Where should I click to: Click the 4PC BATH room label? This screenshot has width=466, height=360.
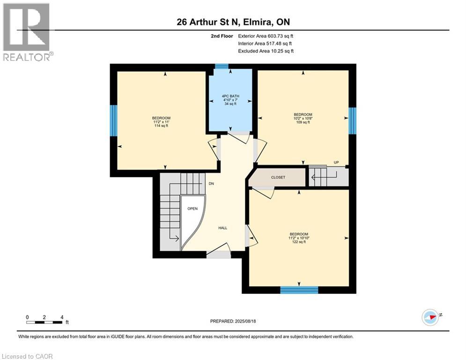pos(230,100)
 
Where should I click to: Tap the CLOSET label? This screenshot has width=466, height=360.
pos(278,178)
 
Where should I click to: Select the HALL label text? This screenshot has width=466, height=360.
pos(222,228)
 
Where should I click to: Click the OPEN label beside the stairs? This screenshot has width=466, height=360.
pos(192,209)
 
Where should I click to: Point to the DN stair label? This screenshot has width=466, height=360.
pos(211,184)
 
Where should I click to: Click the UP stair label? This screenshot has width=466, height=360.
pos(336,163)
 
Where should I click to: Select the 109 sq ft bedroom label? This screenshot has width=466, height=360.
pos(303,119)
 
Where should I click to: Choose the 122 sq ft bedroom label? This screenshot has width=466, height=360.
pos(298,238)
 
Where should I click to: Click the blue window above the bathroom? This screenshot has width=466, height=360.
pos(222,67)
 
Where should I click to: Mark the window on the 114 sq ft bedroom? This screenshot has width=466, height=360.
pos(113,120)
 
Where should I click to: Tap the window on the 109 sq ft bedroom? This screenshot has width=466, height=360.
pos(352,120)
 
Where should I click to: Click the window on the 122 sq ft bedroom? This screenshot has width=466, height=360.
pos(299,290)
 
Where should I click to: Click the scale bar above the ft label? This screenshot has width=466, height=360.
pos(45,322)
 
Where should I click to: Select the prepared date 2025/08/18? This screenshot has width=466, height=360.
pos(233,321)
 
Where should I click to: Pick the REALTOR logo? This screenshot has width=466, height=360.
pos(27,32)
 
